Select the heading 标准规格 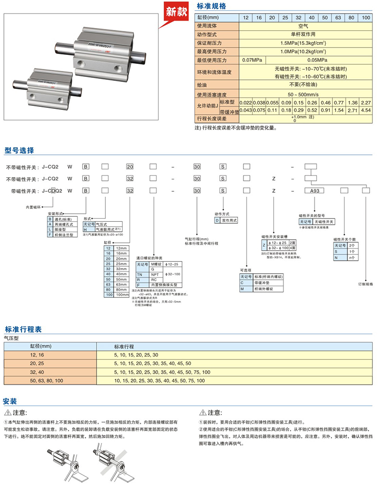click(211, 6)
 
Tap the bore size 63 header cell click(338, 18)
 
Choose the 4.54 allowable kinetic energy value click(365, 110)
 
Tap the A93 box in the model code click(314, 190)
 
